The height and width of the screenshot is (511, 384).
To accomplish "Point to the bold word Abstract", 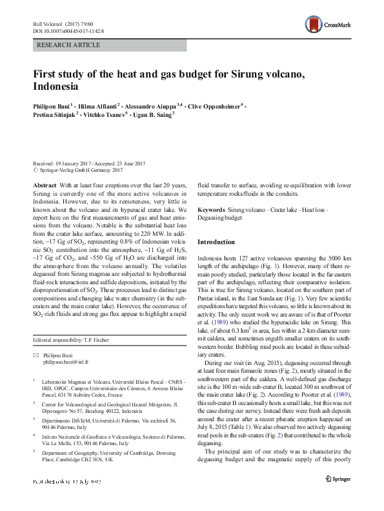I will tap(44, 184).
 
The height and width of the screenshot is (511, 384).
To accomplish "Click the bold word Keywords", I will tap(212, 211).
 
